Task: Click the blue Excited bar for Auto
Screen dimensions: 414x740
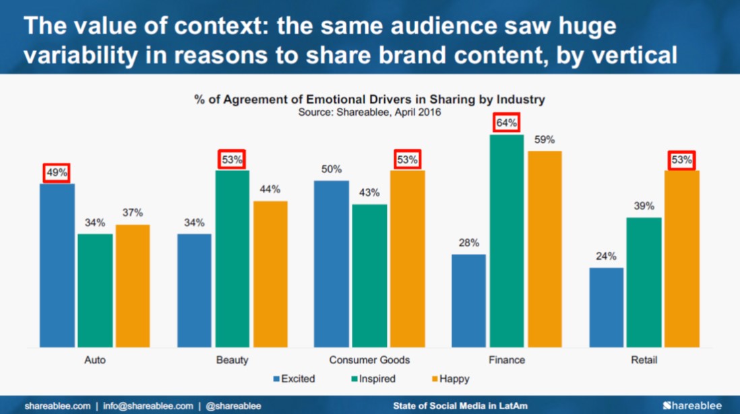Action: click(x=57, y=265)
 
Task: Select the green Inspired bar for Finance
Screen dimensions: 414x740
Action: click(x=507, y=241)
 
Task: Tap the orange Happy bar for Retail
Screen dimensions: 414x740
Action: click(x=682, y=258)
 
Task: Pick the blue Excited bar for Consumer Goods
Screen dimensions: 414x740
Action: click(x=332, y=264)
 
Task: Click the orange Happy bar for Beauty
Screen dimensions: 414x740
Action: click(x=270, y=274)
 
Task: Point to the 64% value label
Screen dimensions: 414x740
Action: click(x=507, y=123)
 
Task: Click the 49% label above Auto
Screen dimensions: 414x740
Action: click(x=57, y=173)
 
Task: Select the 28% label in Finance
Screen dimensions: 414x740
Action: click(x=468, y=243)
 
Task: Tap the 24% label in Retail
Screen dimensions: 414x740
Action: click(x=606, y=256)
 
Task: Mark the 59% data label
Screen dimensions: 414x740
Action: click(x=545, y=140)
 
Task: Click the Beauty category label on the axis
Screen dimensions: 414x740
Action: click(x=232, y=360)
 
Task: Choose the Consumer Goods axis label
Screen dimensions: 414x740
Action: click(x=369, y=360)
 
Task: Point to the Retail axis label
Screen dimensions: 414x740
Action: click(x=644, y=360)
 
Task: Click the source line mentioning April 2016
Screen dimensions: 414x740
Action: click(x=369, y=112)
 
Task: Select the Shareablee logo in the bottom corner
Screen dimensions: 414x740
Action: click(x=692, y=405)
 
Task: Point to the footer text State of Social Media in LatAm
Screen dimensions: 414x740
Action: click(x=460, y=406)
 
